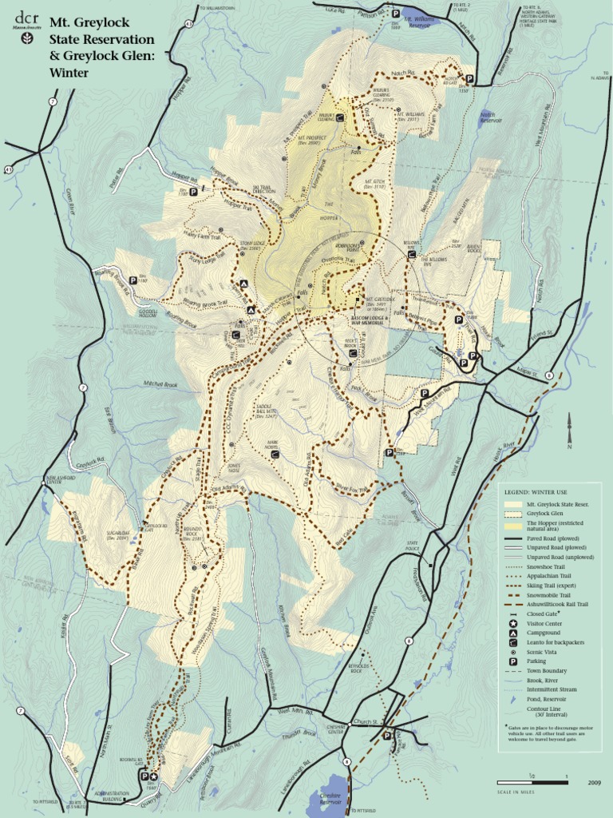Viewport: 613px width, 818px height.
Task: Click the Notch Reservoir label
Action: (x=491, y=117)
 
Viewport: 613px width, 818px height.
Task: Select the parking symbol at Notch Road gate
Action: (x=469, y=79)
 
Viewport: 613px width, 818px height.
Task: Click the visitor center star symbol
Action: (x=154, y=776)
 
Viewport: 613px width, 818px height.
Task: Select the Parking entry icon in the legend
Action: (x=512, y=661)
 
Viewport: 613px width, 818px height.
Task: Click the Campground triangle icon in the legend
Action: (x=512, y=633)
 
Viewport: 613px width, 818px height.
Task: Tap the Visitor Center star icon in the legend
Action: (x=512, y=623)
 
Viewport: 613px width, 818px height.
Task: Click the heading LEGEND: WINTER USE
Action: (x=540, y=491)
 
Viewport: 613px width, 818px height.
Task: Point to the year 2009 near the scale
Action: (x=593, y=783)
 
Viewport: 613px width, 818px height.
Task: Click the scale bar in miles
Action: (x=532, y=783)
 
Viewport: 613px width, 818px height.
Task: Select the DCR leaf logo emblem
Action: (x=27, y=38)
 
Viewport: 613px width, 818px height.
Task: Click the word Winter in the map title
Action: (x=69, y=72)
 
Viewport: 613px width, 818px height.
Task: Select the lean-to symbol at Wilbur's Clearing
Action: (x=340, y=117)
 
